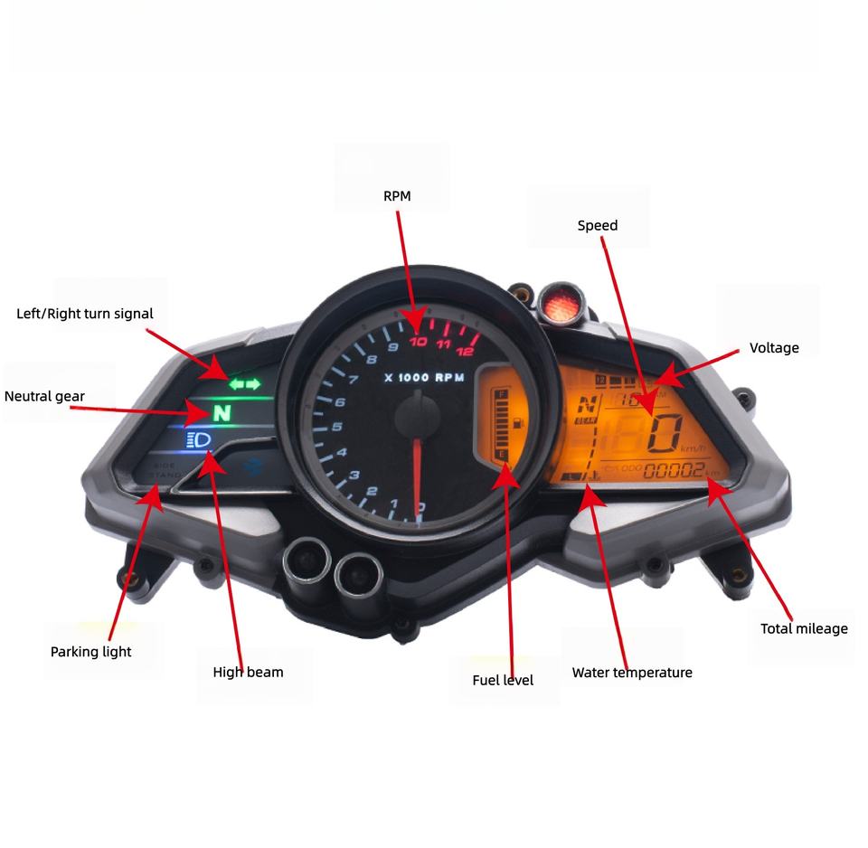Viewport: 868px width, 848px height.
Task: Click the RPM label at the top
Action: click(x=397, y=196)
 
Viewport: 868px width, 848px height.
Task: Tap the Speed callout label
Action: click(x=598, y=225)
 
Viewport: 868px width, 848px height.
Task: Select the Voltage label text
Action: click(x=774, y=347)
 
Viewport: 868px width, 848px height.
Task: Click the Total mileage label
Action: click(x=804, y=628)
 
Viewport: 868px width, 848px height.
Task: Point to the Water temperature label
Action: click(x=632, y=673)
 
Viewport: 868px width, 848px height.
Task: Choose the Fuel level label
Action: click(x=503, y=680)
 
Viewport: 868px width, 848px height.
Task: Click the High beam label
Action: click(x=248, y=672)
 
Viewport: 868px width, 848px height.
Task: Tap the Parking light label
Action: click(x=90, y=651)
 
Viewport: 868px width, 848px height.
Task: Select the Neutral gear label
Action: click(x=44, y=396)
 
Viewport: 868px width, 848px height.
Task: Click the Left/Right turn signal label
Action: click(x=85, y=314)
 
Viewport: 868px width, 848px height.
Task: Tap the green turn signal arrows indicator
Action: click(x=243, y=384)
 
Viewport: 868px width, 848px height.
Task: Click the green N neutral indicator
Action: click(x=222, y=414)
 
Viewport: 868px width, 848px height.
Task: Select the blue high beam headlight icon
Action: click(x=198, y=440)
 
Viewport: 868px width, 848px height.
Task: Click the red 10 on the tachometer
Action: click(x=418, y=342)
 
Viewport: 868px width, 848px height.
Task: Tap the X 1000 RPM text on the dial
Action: click(x=423, y=378)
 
